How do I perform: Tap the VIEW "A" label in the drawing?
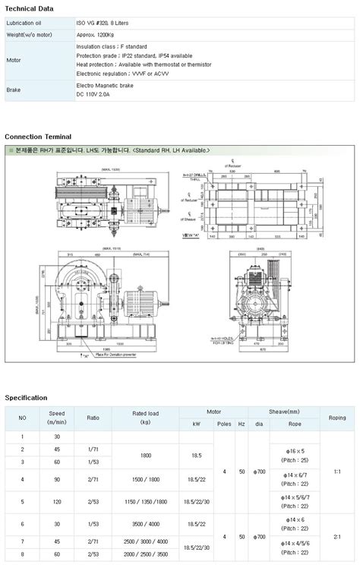point(192,235)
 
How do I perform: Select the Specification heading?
point(26,397)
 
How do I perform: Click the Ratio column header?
point(93,418)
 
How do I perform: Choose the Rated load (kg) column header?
point(145,418)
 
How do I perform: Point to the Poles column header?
point(224,423)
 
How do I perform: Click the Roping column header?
point(337,418)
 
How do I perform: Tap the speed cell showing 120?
point(56,501)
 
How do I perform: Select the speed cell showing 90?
point(56,479)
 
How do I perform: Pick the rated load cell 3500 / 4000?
point(145,524)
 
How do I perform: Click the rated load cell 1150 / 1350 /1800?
point(145,501)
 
